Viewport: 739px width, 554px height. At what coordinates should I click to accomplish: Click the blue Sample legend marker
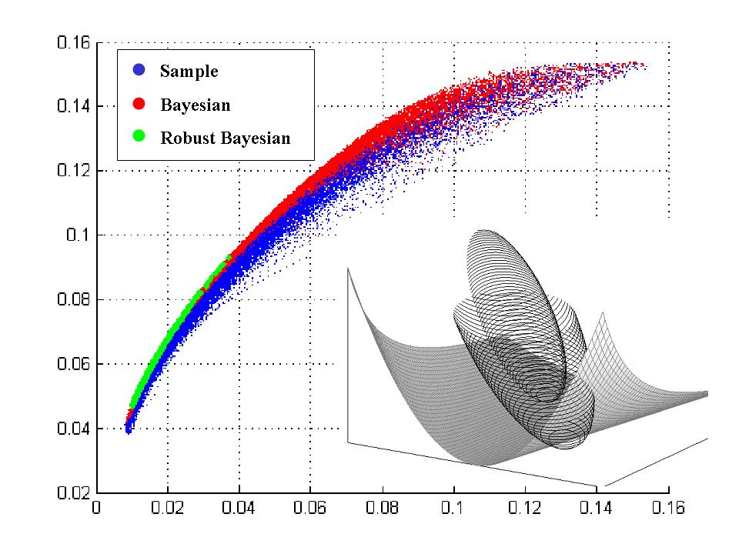139,70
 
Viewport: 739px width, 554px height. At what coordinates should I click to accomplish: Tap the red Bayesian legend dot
139,104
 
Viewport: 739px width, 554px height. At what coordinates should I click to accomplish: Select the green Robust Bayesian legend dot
139,136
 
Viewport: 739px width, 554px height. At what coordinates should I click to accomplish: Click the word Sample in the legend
189,71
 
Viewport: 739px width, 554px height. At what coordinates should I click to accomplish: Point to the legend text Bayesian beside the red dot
195,105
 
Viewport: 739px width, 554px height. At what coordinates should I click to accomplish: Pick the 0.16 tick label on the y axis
73,42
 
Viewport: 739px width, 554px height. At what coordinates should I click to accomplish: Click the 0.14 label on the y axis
73,106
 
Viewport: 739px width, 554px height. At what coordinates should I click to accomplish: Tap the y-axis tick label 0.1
78,235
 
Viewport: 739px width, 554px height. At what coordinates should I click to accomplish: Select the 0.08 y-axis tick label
73,299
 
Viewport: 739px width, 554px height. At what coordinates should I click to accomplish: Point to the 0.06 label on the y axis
73,364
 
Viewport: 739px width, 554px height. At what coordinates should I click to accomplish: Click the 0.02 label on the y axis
73,492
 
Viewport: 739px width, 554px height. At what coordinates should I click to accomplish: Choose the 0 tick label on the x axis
96,508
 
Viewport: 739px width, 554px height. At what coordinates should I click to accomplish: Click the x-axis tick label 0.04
239,508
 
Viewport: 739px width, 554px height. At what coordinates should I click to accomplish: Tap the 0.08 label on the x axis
382,508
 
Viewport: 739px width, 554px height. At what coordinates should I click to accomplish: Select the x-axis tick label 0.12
524,508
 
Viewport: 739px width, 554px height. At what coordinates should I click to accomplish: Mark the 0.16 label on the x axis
668,508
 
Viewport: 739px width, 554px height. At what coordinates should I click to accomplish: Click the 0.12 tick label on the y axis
73,170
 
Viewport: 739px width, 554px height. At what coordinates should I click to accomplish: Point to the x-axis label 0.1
453,508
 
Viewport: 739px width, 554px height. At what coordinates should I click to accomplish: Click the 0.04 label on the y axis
73,429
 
